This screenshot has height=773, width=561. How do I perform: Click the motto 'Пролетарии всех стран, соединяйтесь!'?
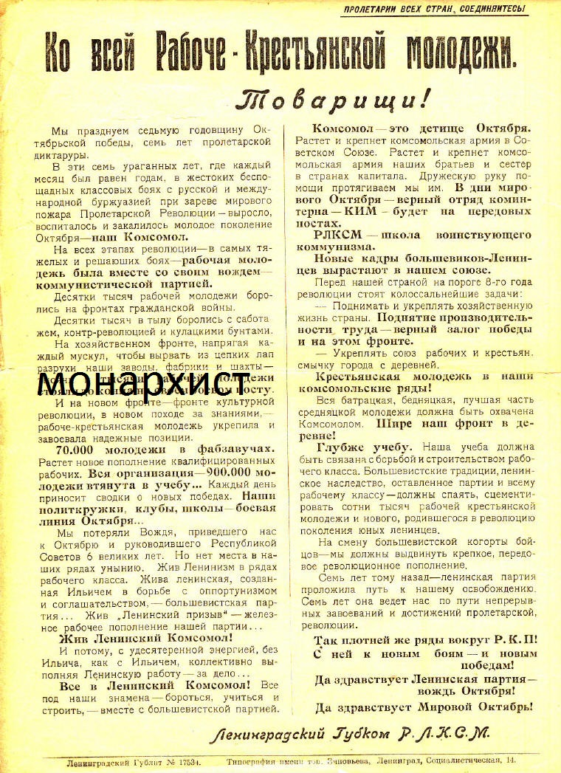pyautogui.click(x=434, y=9)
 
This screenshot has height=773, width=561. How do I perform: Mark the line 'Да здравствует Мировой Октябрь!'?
pyautogui.click(x=423, y=707)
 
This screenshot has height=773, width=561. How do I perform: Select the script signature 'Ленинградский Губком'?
pyautogui.click(x=303, y=734)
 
